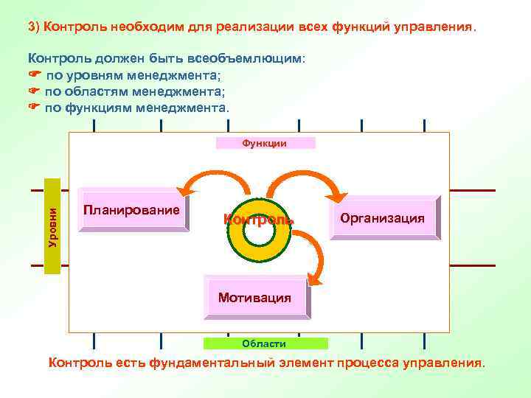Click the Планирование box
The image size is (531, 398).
[x=133, y=212]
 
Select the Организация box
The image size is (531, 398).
[x=382, y=218]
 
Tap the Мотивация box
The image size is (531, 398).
[x=255, y=298]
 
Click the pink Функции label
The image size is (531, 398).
[x=265, y=143]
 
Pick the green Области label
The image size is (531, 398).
[x=265, y=343]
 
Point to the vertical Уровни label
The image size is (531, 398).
[x=52, y=226]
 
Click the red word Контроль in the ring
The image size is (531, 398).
[x=258, y=219]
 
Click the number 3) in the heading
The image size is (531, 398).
[x=34, y=27]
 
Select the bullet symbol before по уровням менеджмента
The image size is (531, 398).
[x=34, y=74]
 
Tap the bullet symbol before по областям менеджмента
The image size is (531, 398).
[x=34, y=91]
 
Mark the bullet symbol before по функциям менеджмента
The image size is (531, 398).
[x=34, y=108]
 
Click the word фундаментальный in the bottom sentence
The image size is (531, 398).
[x=211, y=363]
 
